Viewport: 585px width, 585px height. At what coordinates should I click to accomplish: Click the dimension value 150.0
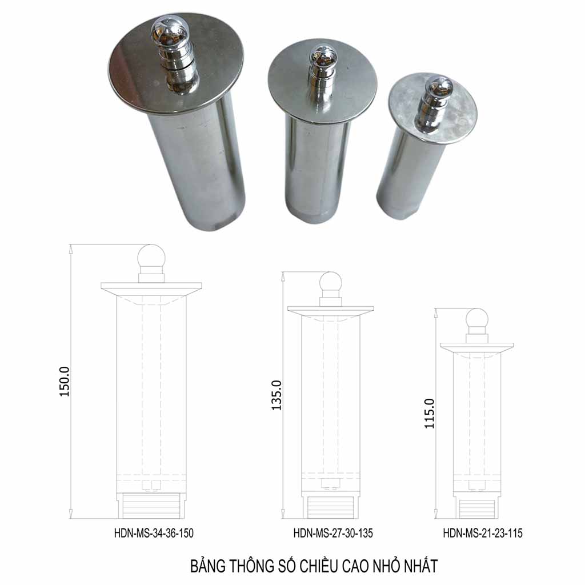(65, 381)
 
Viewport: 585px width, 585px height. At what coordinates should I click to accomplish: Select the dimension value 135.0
(277, 395)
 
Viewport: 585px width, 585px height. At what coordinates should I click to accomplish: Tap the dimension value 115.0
(430, 414)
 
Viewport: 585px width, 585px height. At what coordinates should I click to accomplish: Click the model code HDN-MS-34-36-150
(154, 533)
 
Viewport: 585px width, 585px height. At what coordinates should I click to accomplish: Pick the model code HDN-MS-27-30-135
(333, 533)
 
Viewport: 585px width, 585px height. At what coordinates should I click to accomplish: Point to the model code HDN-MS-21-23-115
(483, 533)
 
